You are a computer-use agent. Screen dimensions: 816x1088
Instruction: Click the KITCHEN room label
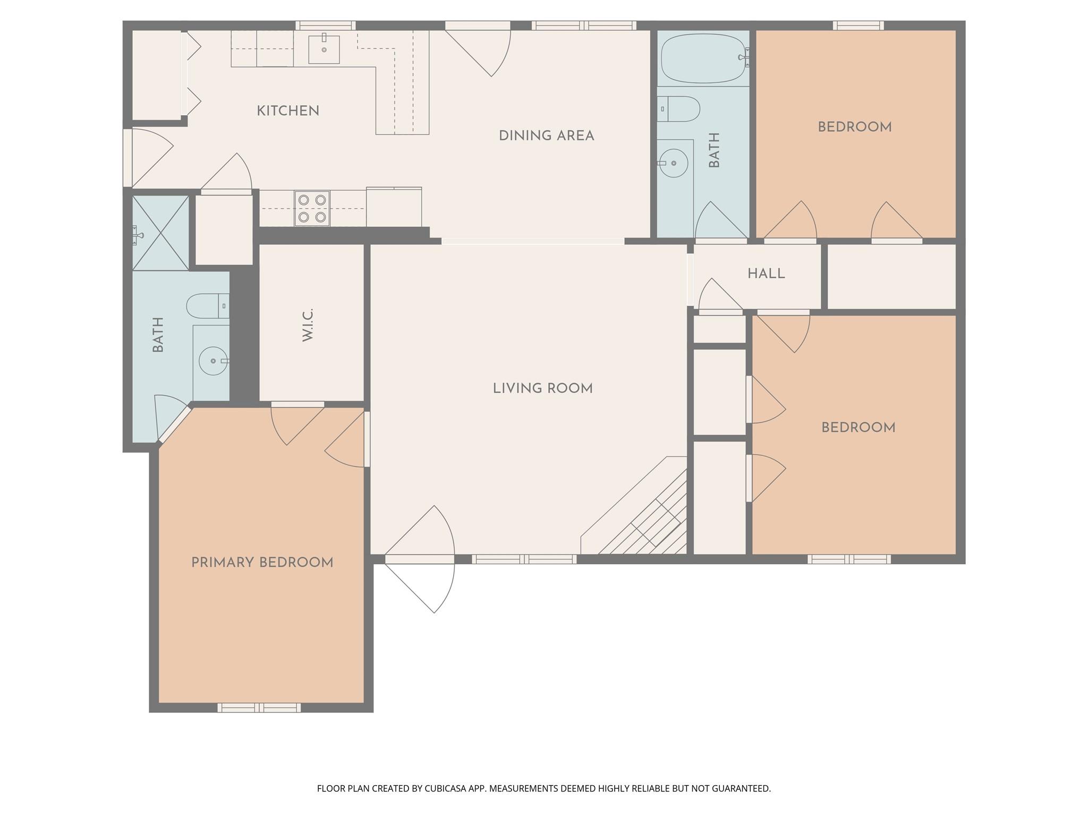point(287,111)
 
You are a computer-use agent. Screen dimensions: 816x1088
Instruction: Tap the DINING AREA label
point(546,136)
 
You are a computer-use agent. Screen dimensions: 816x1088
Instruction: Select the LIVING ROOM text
point(542,388)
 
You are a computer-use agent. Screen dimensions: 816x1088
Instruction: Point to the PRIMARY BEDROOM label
point(262,563)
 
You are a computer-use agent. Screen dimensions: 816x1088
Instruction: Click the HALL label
point(766,274)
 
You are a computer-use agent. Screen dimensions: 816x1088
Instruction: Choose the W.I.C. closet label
point(308,325)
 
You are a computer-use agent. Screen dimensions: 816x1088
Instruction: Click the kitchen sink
point(324,49)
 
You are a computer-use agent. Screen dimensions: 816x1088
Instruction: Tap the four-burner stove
point(312,208)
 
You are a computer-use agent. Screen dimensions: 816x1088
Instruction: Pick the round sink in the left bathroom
point(213,361)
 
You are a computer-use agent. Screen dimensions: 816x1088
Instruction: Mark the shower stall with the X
point(160,232)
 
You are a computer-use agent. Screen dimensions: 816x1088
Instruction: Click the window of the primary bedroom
point(259,708)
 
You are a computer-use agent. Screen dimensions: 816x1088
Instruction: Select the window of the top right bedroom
point(858,25)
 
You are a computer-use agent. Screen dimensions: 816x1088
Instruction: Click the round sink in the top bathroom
point(674,163)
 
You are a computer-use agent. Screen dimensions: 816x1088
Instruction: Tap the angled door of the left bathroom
point(174,423)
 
